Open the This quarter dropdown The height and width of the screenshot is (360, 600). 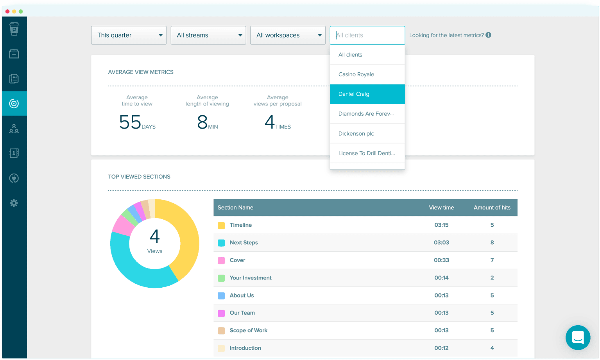(x=129, y=35)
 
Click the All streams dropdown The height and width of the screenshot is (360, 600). (x=208, y=35)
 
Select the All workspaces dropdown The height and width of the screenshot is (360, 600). (x=288, y=35)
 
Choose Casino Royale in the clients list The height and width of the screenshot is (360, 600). (x=356, y=74)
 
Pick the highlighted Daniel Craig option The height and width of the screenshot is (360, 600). (x=354, y=94)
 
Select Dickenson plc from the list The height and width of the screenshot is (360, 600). (x=356, y=134)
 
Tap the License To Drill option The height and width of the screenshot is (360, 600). (x=366, y=153)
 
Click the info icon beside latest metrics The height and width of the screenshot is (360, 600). (x=488, y=35)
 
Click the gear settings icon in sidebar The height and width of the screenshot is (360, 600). (x=14, y=203)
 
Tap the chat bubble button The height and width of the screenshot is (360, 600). (x=578, y=337)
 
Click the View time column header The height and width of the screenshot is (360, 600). (x=441, y=208)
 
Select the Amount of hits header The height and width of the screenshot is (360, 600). (x=492, y=208)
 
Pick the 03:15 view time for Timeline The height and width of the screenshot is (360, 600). (x=441, y=225)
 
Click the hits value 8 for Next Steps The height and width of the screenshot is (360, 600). (x=492, y=243)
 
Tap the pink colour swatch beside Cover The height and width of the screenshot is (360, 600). (x=221, y=260)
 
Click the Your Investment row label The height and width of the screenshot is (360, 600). (x=251, y=278)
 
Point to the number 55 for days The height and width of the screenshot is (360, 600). (x=130, y=122)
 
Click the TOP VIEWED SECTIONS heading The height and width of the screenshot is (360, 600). (x=139, y=177)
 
